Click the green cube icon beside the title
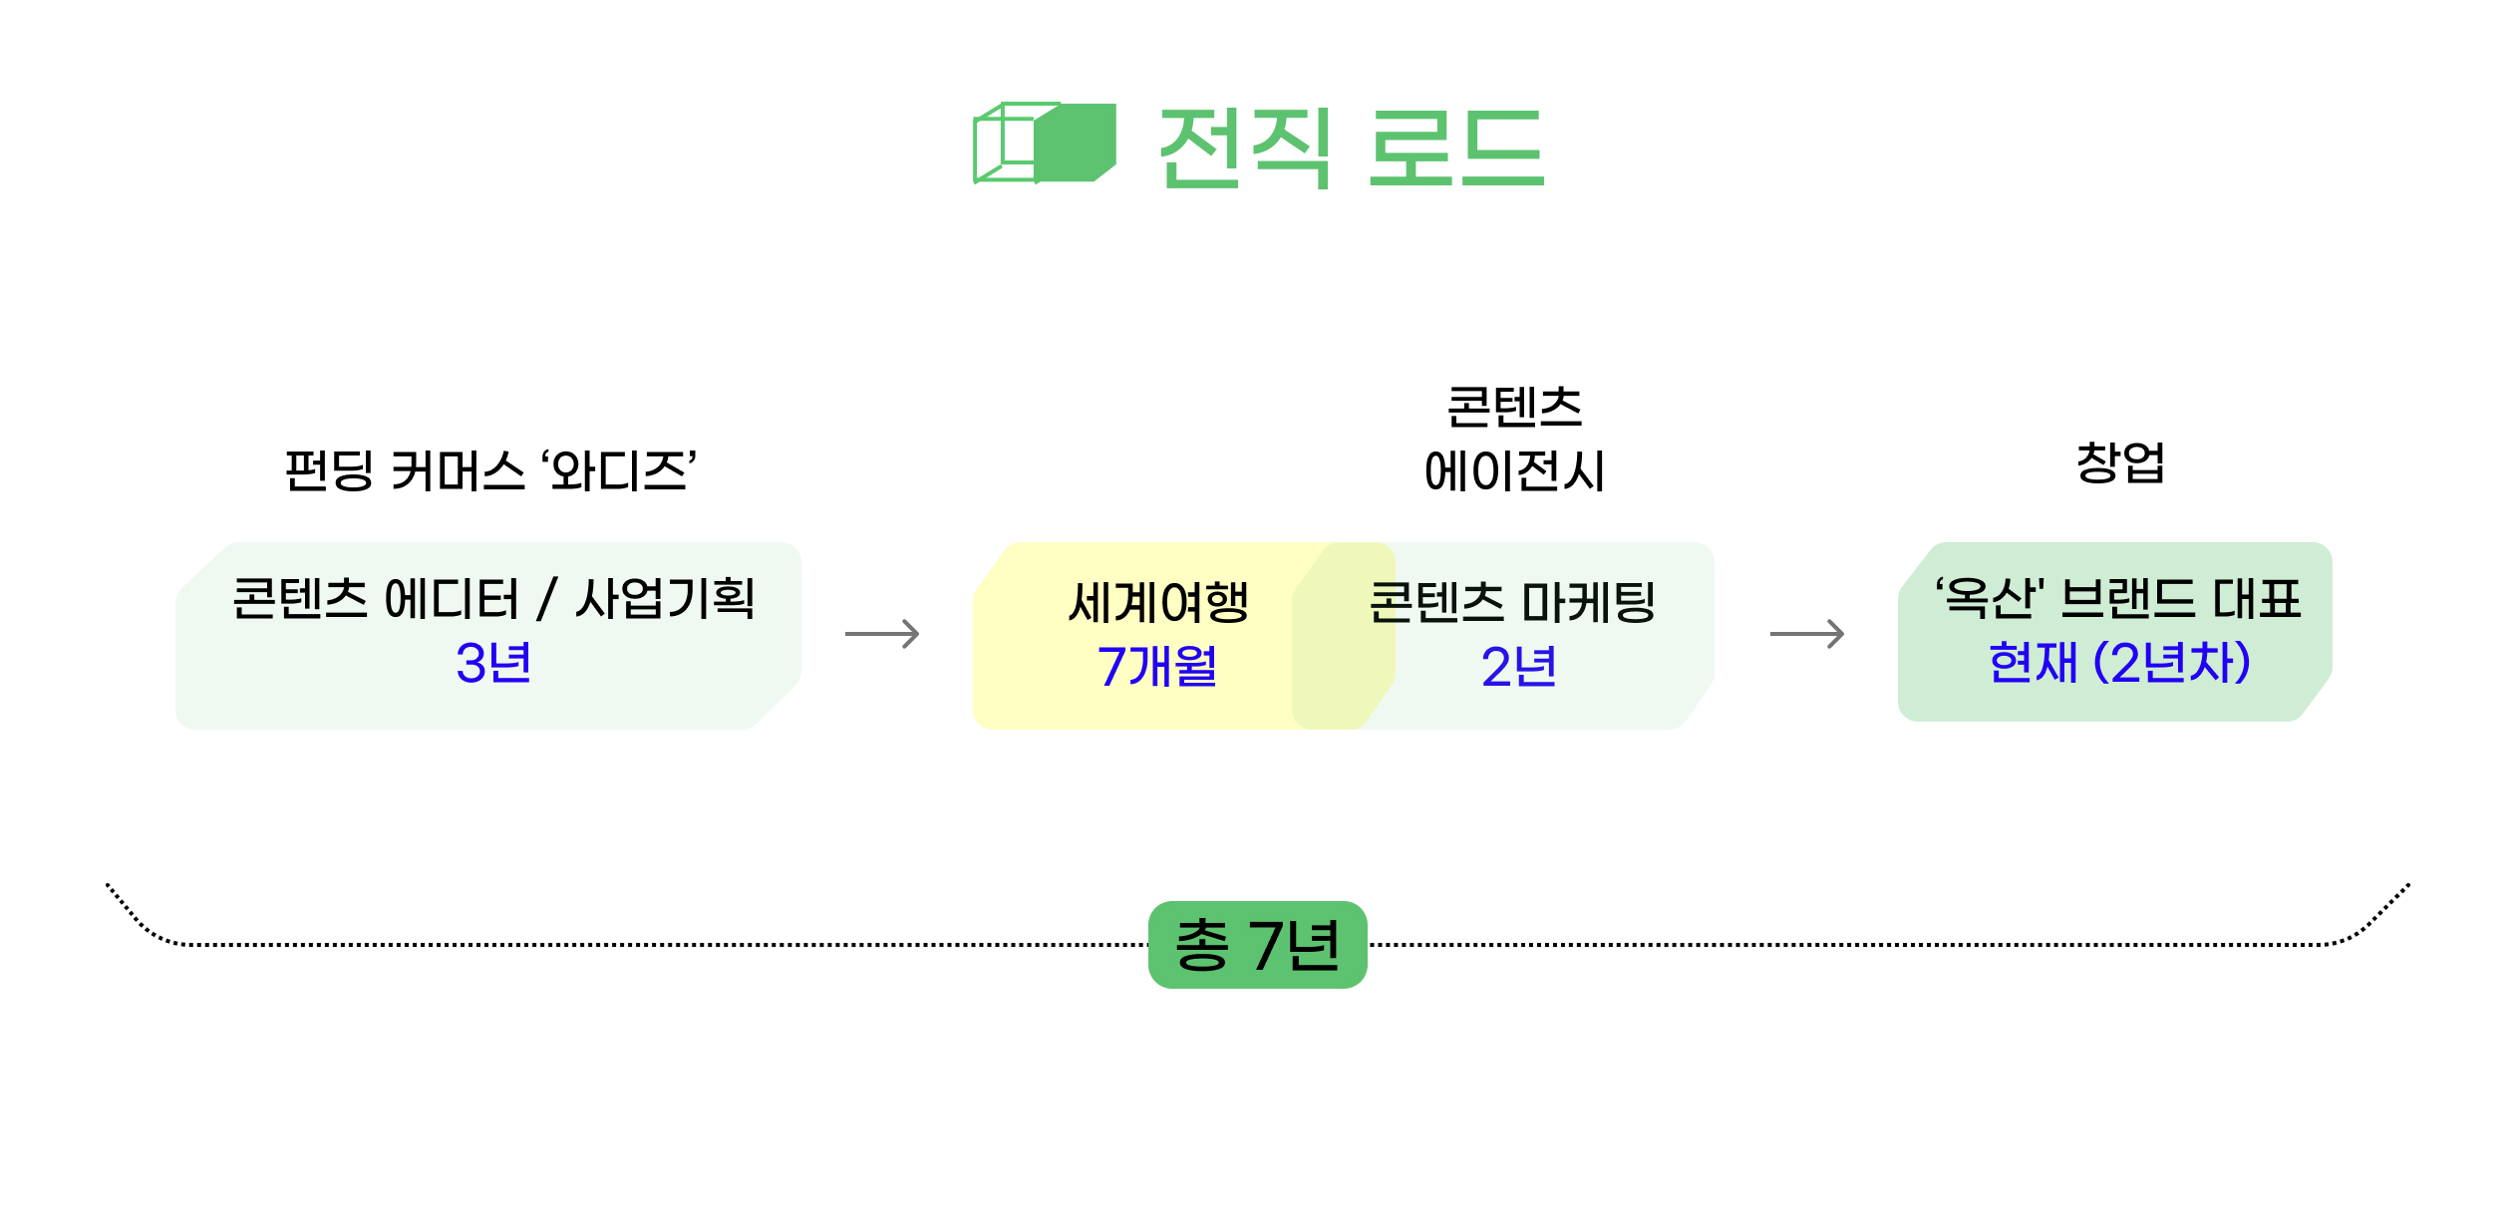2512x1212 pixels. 1044,144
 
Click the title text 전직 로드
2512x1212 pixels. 1351,148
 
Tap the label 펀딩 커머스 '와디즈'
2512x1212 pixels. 490,470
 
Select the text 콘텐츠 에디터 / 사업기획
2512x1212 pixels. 492,599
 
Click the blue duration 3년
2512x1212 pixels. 492,664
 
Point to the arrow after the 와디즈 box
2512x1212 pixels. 882,634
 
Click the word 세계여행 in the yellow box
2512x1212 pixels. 1158,602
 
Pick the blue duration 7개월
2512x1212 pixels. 1157,666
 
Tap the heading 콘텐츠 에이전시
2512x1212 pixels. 1514,440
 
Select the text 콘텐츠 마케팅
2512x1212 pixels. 1512,602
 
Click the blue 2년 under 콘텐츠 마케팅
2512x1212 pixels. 1518,666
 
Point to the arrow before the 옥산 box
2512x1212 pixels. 1807,634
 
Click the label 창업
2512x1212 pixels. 2120,462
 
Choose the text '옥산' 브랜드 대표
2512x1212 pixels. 2118,599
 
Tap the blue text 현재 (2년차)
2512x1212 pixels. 2119,663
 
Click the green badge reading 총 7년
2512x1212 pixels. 1257,945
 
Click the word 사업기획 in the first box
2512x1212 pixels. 665,599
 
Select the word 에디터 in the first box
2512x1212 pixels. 452,599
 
